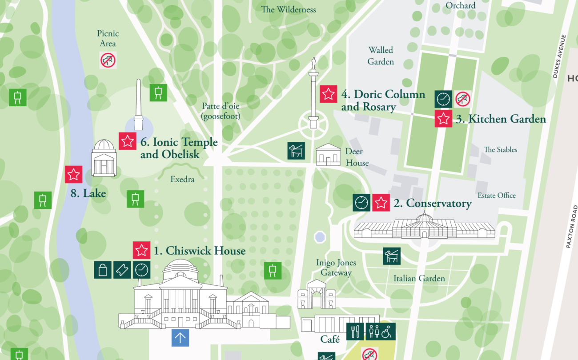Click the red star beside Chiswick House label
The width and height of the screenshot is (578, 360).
coord(142,250)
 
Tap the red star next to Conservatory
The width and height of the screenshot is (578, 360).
coord(381,203)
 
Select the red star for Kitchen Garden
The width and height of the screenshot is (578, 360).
coord(443,119)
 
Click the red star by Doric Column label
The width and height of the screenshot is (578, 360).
coord(329,94)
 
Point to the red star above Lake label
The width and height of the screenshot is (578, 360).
coord(74,174)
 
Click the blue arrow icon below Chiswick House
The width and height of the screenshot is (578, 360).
coord(180,338)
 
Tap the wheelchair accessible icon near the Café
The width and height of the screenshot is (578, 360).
coord(387,332)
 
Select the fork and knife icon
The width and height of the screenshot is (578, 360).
coord(355,332)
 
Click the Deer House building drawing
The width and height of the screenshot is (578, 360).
coord(328,156)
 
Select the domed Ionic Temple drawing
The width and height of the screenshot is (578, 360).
coord(104,158)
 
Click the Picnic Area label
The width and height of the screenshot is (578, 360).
coord(108,38)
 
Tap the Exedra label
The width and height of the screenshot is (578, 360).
coord(182,180)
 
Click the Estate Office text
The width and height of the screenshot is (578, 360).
coord(497,196)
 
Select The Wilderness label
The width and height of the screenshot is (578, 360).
coord(288,9)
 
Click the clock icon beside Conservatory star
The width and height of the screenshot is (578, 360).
coord(361,203)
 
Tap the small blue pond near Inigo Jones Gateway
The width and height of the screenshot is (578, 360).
coord(320,237)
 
